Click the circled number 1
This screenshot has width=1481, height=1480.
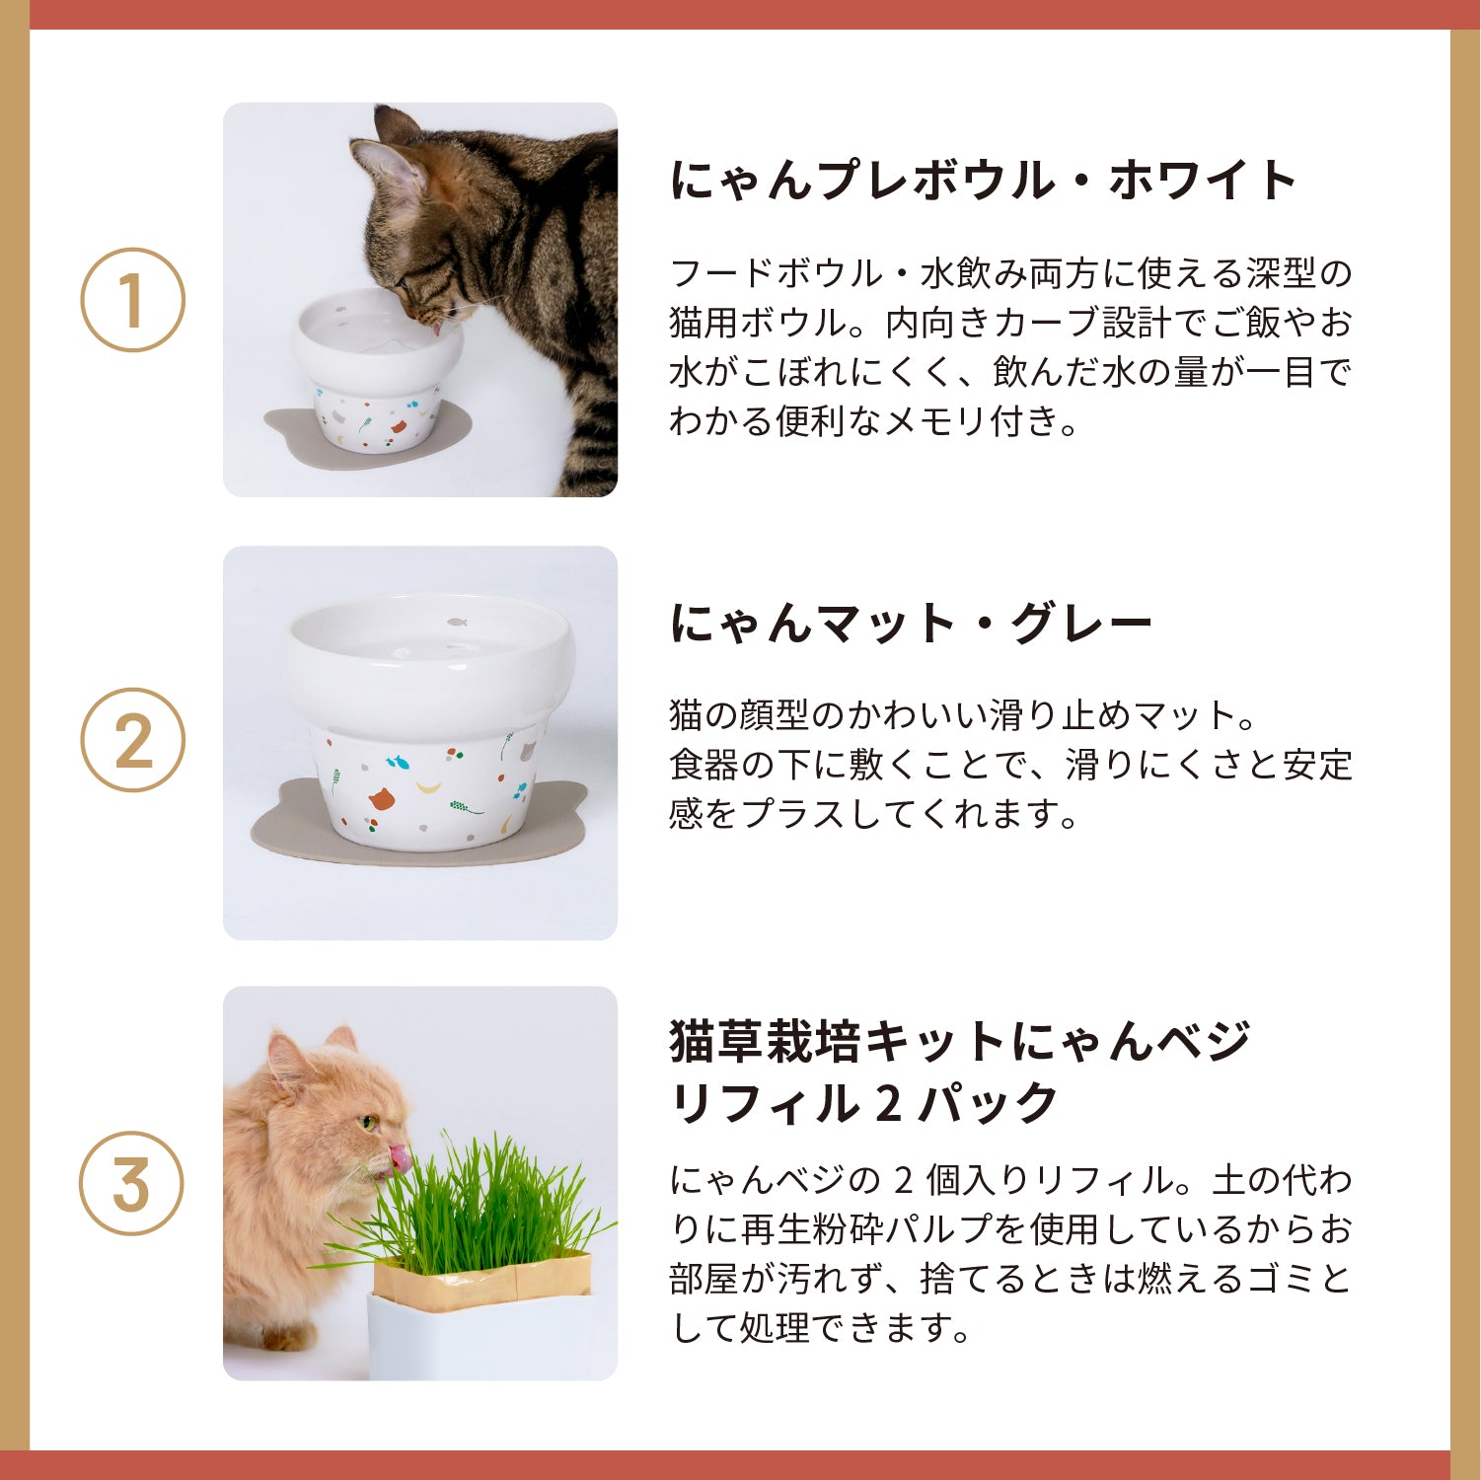click(x=132, y=300)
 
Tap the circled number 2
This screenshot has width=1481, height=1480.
click(x=132, y=740)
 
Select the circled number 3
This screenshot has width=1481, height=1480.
click(x=132, y=1183)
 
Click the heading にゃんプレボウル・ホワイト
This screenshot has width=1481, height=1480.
click(x=983, y=180)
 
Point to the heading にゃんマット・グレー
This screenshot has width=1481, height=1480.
click(x=910, y=624)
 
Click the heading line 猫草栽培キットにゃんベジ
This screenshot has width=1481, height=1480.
click(x=959, y=1041)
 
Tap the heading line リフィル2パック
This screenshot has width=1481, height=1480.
click(x=863, y=1103)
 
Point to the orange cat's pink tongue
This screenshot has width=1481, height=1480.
click(x=400, y=1157)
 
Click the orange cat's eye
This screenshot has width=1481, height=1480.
click(x=368, y=1123)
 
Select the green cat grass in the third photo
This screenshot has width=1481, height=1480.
click(x=483, y=1204)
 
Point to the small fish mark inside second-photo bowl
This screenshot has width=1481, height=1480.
click(x=456, y=623)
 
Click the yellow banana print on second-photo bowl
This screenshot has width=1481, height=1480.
click(x=430, y=786)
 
